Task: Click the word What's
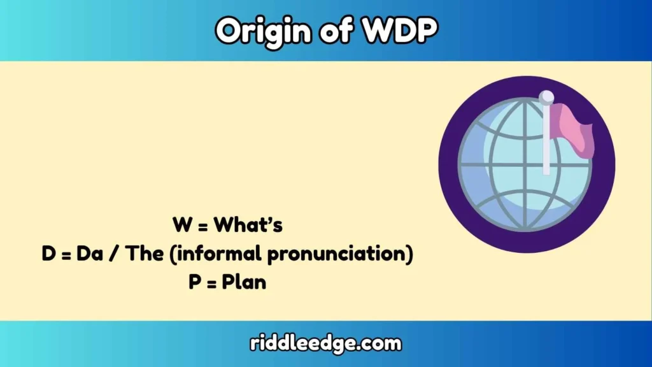point(248,225)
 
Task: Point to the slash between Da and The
point(111,254)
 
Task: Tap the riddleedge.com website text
point(325,344)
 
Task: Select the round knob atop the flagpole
point(546,97)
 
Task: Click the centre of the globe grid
point(525,165)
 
